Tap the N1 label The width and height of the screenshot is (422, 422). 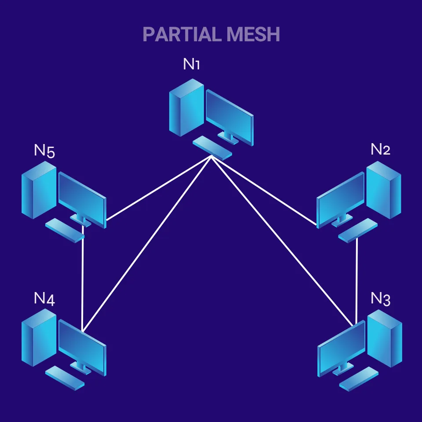192,65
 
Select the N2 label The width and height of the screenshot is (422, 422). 380,150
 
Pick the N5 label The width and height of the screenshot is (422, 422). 44,151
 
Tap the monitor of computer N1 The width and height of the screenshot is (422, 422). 229,116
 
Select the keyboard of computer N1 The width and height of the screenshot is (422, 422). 212,147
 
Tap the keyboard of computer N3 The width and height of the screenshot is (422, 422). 359,379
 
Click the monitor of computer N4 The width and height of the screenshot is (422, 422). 82,347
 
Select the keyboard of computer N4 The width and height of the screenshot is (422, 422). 65,378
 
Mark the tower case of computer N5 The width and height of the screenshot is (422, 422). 39,190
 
